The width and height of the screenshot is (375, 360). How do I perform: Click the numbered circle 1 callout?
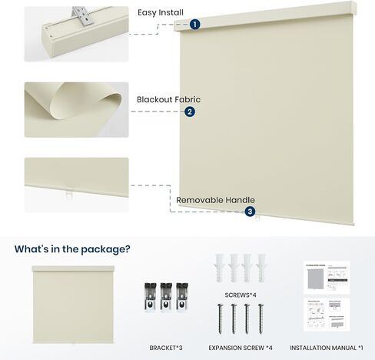click(195, 25)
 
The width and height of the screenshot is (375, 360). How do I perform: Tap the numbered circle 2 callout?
click(190, 112)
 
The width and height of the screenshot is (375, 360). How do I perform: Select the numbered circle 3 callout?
click(250, 212)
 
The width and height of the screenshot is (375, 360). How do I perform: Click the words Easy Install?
click(161, 12)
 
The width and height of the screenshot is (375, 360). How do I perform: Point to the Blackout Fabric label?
click(168, 99)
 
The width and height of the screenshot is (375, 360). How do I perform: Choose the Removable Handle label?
click(215, 200)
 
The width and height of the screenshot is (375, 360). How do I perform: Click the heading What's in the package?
click(72, 249)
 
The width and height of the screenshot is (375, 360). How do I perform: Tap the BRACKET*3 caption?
click(166, 348)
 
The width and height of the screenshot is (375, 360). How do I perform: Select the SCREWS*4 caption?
click(241, 295)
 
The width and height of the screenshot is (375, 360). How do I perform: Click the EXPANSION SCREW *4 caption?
click(241, 348)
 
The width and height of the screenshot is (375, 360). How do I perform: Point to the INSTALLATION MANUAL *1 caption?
click(327, 348)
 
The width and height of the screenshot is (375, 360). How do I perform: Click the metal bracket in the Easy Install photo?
click(83, 16)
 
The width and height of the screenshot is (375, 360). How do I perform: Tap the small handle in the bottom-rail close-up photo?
click(69, 194)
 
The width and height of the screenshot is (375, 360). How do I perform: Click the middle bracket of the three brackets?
click(166, 297)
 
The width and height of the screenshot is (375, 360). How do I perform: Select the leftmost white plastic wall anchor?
click(220, 268)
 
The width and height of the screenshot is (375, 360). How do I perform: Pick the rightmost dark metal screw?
click(261, 318)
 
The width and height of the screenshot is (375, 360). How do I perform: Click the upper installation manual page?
click(327, 278)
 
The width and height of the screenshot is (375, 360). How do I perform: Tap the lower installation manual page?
click(327, 315)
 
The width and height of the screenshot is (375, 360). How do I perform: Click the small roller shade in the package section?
click(73, 305)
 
